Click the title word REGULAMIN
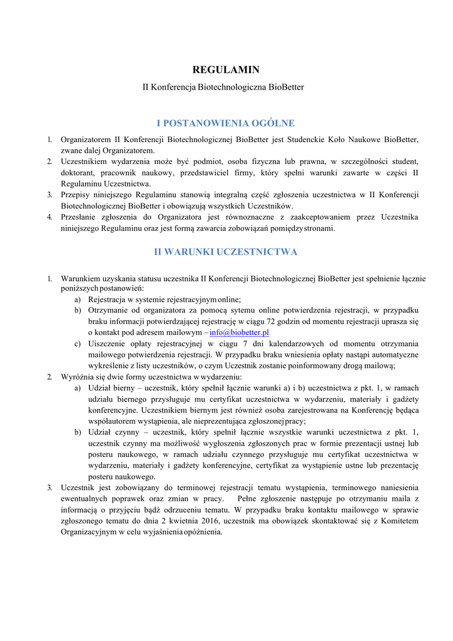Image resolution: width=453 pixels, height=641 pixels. pyautogui.click(x=226, y=69)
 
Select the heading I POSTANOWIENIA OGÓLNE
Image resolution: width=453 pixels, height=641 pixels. pyautogui.click(x=226, y=123)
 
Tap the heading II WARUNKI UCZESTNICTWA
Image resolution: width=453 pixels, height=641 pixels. pyautogui.click(x=226, y=252)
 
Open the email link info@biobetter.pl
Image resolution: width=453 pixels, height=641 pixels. pyautogui.click(x=239, y=332)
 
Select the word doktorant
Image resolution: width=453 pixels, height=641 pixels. pyautogui.click(x=79, y=172)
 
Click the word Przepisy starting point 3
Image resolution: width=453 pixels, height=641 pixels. pyautogui.click(x=76, y=195)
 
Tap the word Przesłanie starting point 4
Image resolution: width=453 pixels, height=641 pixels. pyautogui.click(x=80, y=217)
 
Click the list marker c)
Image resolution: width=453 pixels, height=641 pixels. pyautogui.click(x=78, y=344)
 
